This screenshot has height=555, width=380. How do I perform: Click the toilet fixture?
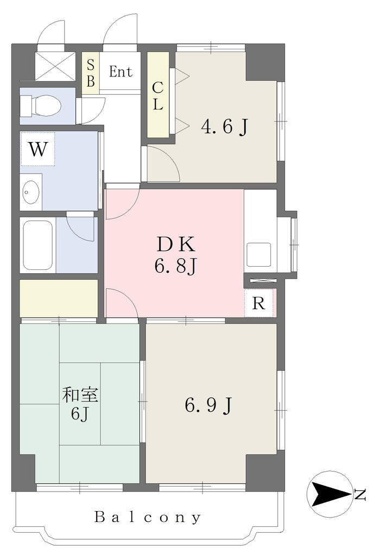click(40, 106)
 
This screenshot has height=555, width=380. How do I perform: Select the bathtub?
click(37, 244)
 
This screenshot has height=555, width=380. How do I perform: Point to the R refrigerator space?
click(259, 303)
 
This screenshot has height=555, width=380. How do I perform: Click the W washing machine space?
click(37, 149)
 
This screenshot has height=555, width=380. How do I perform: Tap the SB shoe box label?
click(91, 73)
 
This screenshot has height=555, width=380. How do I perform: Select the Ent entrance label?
click(121, 72)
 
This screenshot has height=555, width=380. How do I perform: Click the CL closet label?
click(158, 95)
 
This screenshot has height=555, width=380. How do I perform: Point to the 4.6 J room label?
click(225, 127)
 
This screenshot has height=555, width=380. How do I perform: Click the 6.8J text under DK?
click(175, 266)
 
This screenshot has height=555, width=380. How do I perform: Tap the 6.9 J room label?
click(209, 405)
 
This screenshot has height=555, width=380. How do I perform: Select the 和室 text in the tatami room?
click(80, 395)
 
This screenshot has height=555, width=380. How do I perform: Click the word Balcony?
click(148, 518)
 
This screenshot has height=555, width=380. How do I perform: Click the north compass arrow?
click(331, 494)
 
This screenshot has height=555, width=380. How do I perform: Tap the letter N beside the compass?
click(360, 495)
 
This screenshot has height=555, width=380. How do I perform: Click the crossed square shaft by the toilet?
click(55, 66)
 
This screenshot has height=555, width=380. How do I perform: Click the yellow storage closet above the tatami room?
click(59, 298)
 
